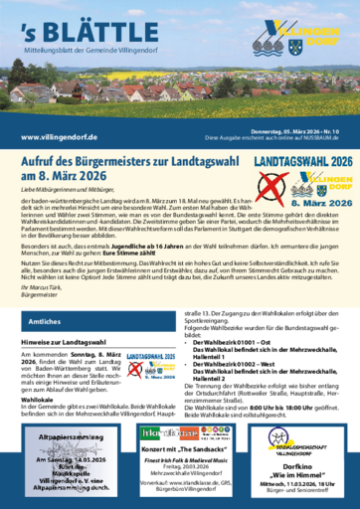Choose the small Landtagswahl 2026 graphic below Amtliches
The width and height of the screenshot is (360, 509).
[x=151, y=365]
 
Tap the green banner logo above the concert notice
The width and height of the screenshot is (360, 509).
[x=179, y=406]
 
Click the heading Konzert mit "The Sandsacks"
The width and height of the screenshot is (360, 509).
[x=180, y=422]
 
